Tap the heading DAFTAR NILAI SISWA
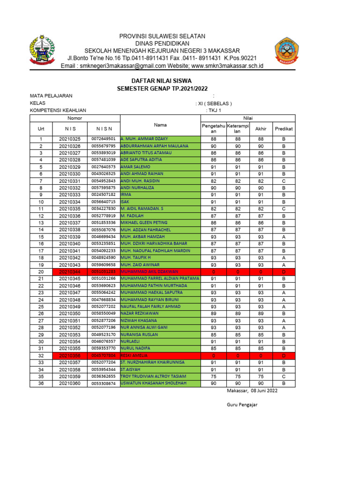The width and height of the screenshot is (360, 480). tap(155, 81)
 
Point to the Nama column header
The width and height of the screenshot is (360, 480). tap(160, 125)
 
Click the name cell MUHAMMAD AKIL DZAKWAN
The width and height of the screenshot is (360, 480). tap(160, 272)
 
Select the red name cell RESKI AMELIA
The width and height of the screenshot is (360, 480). tap(160, 356)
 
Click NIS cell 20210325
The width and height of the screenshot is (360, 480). tap(69, 139)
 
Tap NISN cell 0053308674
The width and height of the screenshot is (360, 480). tap(104, 383)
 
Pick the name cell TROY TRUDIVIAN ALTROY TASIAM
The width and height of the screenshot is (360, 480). tap(160, 376)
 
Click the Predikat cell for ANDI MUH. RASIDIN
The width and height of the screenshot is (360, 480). tap(284, 181)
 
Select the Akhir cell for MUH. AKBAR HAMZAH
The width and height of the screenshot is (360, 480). tap(261, 237)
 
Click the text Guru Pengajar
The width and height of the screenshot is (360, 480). tap(240, 405)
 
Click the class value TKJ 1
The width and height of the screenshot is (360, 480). tap(214, 111)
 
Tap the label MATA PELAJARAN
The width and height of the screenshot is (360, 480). tap(51, 96)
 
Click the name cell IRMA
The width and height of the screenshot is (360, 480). tap(160, 195)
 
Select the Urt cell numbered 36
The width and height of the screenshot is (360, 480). tap(41, 383)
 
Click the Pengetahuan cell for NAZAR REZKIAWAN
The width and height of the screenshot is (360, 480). tap(214, 314)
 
